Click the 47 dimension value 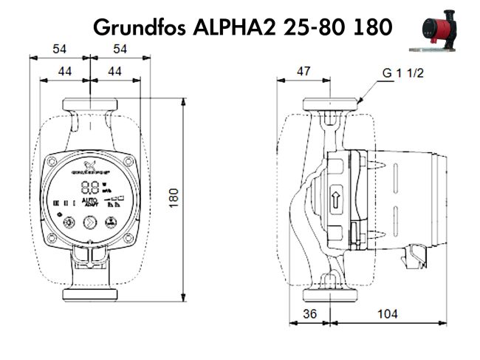tap(302, 71)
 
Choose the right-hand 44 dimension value tap(114, 71)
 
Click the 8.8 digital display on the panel tap(90, 186)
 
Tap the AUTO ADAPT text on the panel tap(89, 202)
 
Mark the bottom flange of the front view tap(89, 295)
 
